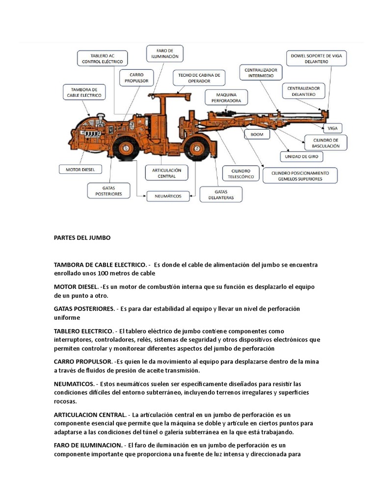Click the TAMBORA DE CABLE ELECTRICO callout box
pos(83,92)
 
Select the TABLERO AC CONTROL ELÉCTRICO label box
pos(103,58)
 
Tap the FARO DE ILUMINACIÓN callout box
pos(164,53)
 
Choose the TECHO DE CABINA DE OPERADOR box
pos(199,77)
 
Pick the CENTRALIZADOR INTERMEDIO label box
pos(261,73)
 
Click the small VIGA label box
pos(332,128)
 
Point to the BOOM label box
pos(257,134)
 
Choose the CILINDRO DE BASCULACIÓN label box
pos(325,143)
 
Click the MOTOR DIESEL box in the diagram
pos(80,169)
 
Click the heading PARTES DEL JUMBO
pos(82,238)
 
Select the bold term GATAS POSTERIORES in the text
pos(83,308)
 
